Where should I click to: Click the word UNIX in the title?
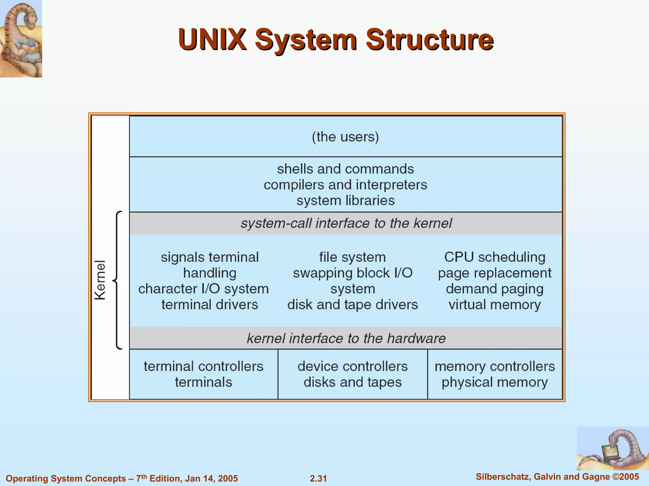pos(212,40)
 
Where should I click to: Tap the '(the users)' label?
pos(345,137)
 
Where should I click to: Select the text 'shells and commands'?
pos(345,169)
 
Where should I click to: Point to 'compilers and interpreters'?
pos(345,185)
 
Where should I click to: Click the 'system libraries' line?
pos(345,201)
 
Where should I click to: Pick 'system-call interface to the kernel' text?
pos(346,223)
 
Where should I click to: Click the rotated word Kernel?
pos(100,280)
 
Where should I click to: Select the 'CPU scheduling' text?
pos(494,257)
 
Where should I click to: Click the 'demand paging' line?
pos(494,289)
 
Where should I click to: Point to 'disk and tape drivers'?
pos(352,305)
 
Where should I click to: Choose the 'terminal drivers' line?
pos(209,305)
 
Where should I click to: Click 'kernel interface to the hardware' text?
pos(346,338)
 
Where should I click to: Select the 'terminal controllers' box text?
pos(203,367)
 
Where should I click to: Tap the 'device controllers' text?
pos(352,367)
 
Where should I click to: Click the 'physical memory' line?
pos(494,382)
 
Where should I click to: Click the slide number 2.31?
pos(318,478)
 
